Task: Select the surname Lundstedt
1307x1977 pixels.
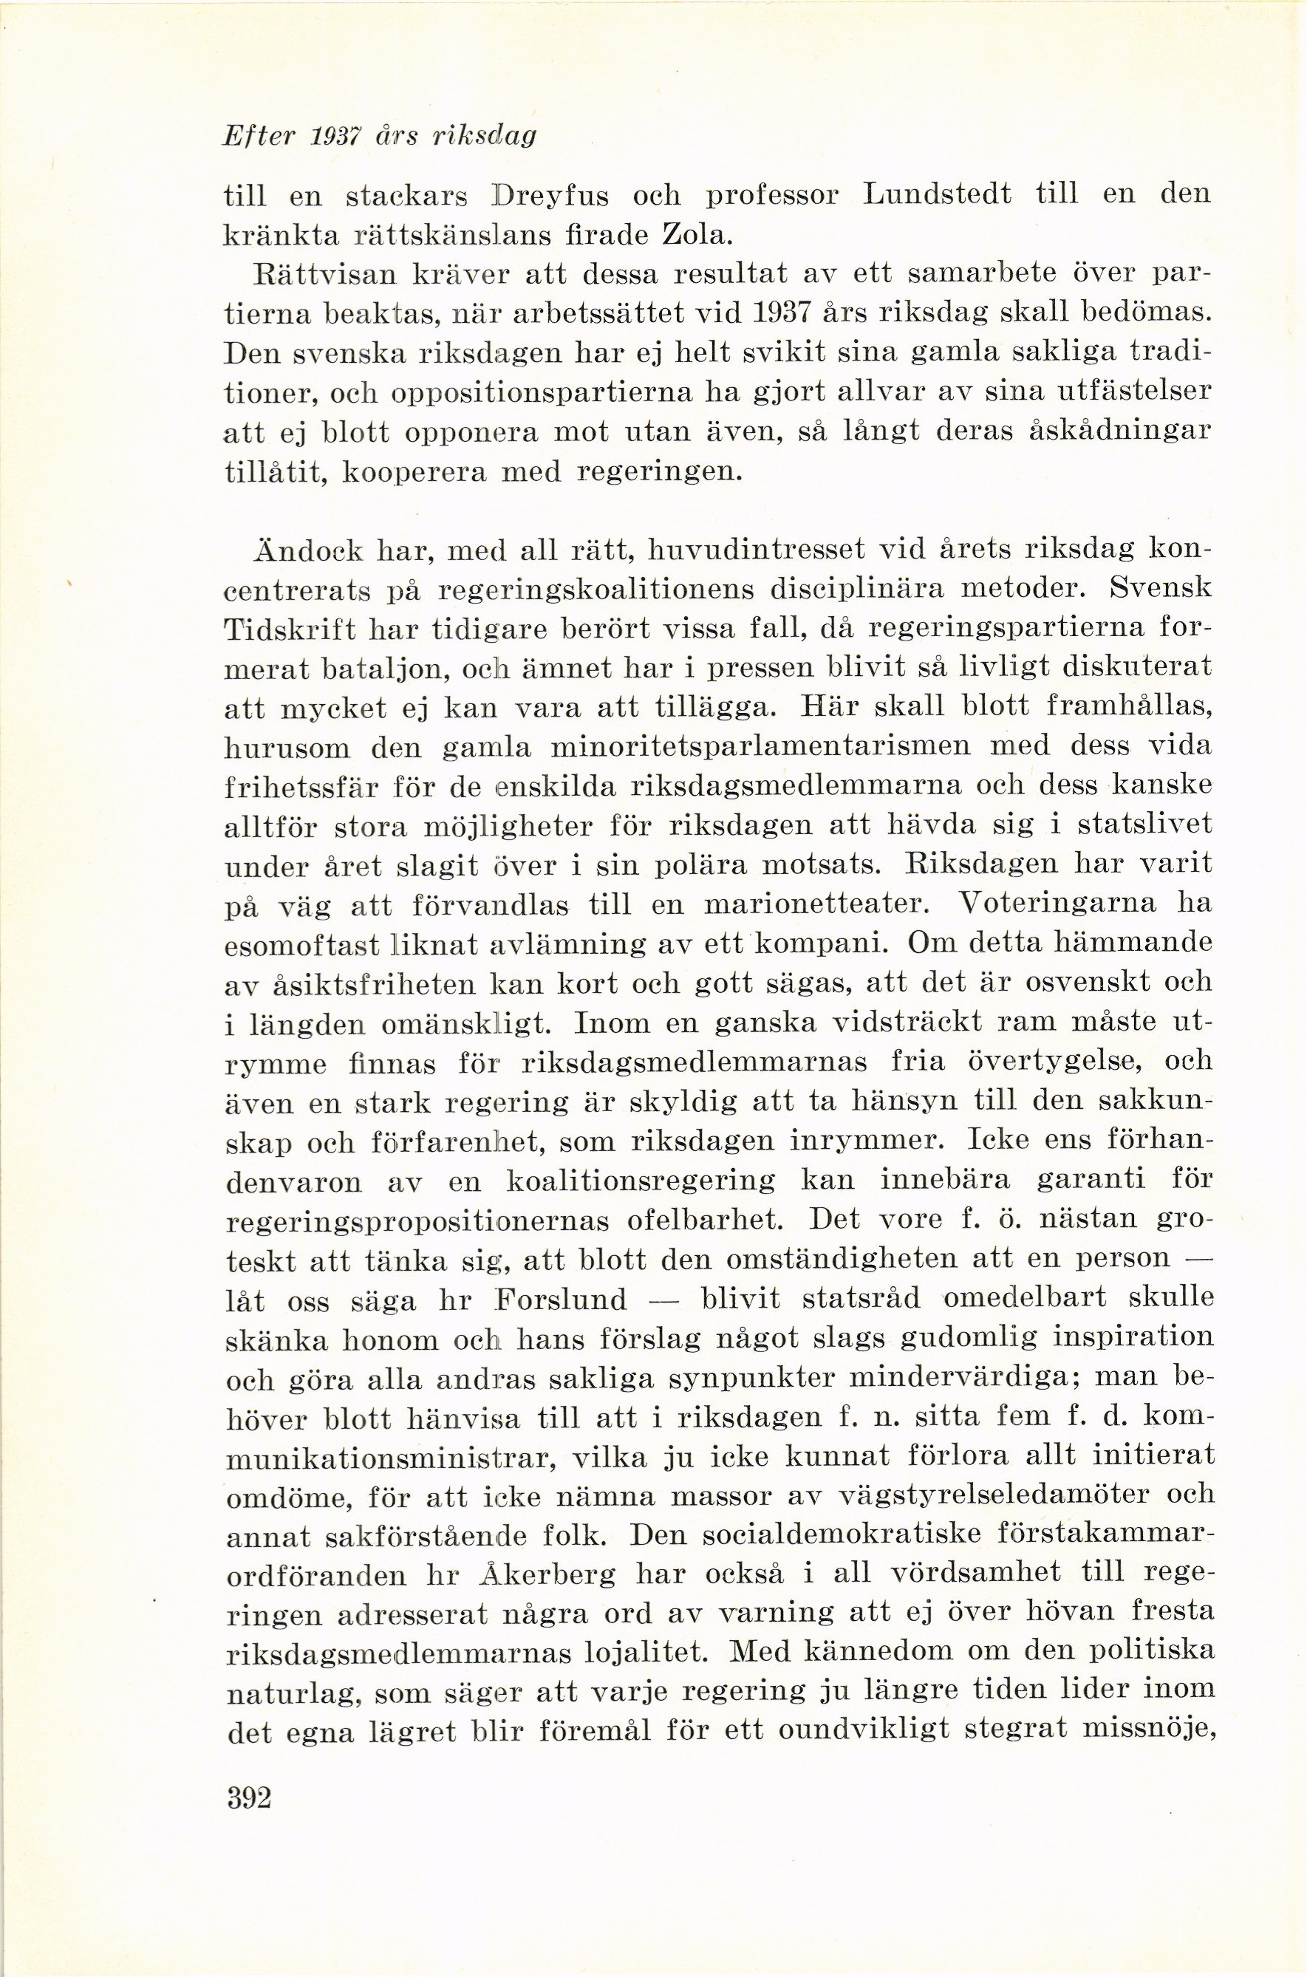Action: pyautogui.click(x=937, y=194)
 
